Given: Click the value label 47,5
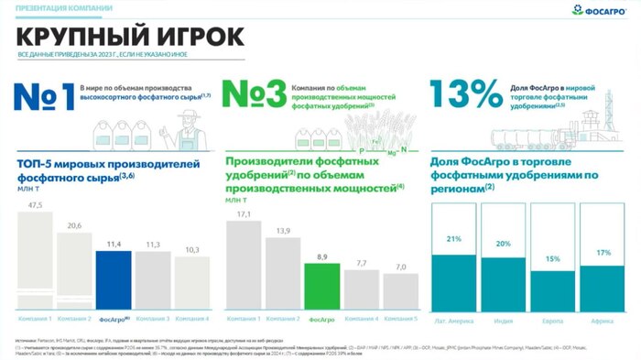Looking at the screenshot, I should click(x=36, y=205).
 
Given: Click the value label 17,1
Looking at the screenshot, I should click(x=243, y=214).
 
